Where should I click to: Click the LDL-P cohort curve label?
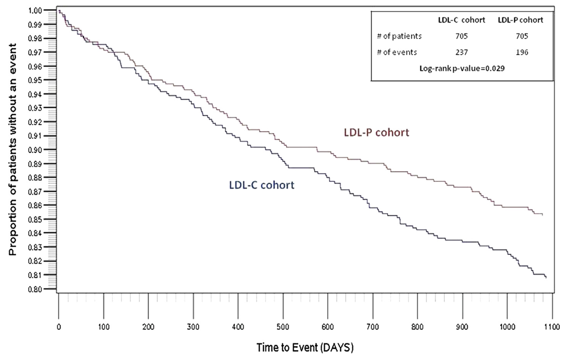[376, 133]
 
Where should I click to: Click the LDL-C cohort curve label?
[261, 185]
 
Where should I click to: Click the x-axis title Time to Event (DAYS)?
[305, 348]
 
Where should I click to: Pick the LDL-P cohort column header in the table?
[520, 20]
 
